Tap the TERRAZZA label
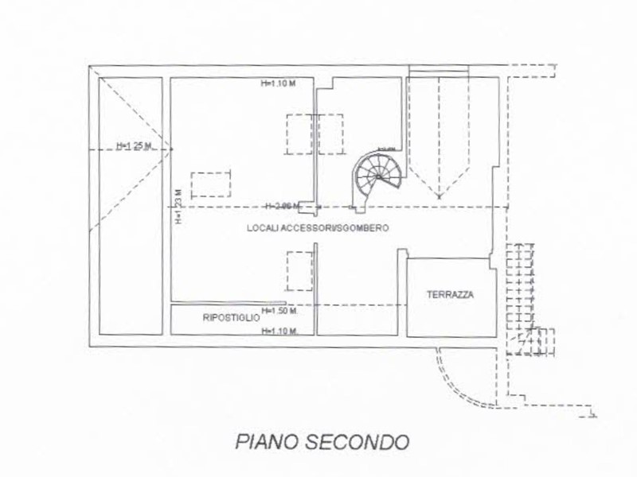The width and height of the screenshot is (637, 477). [450, 294]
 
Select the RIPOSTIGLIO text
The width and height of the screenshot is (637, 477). [232, 318]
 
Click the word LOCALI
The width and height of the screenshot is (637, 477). [263, 228]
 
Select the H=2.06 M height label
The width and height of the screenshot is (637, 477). [282, 206]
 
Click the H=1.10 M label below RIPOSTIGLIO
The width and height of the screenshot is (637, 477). [279, 332]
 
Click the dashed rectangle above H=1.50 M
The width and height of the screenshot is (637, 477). [299, 270]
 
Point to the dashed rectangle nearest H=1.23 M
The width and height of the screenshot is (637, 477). [211, 184]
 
